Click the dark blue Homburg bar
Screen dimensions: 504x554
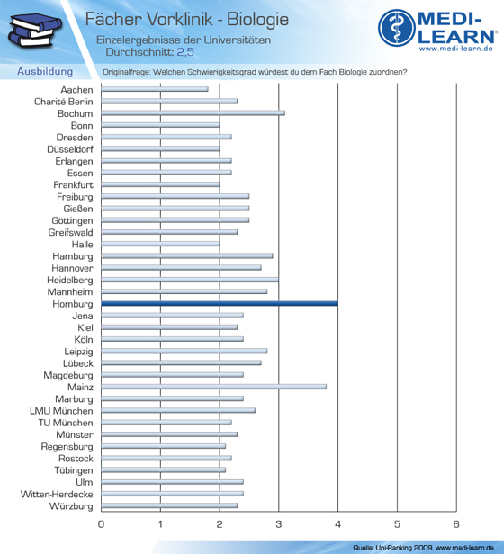coord(220,303)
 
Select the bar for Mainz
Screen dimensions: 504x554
coord(213,387)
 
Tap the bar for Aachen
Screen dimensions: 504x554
coord(155,89)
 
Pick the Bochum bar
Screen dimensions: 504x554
coord(193,113)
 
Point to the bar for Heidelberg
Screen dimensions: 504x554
coord(190,280)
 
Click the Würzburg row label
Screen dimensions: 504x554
coord(71,506)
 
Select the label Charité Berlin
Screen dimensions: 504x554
coord(64,102)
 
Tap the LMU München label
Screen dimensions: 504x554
coord(61,411)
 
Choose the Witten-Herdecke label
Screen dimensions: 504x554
coord(57,494)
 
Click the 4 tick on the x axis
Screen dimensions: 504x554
coord(337,524)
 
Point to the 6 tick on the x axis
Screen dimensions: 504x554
coord(456,524)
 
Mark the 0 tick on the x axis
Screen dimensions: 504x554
coord(101,524)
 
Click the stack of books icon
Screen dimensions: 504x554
coord(35,30)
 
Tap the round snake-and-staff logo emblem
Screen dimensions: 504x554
coord(397,28)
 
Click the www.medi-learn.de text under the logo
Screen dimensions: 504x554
coord(456,49)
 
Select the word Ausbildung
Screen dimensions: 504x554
coord(45,71)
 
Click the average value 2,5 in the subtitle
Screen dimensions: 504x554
coord(185,52)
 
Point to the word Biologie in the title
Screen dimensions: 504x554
coord(257,20)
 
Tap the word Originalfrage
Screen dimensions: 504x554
coord(126,72)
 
